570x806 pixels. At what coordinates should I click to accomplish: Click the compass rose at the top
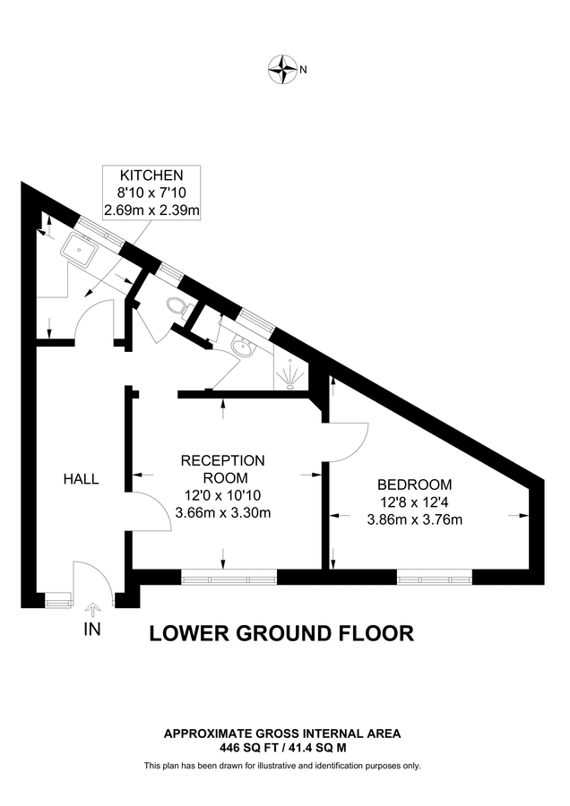tap(284, 67)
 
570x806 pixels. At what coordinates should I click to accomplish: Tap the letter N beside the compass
tap(303, 68)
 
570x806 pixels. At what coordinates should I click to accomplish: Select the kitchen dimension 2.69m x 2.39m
tap(151, 210)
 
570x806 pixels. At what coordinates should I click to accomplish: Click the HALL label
tap(81, 479)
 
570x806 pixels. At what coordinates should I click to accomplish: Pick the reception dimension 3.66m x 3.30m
tap(223, 512)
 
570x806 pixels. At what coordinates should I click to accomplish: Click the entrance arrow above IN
tap(91, 611)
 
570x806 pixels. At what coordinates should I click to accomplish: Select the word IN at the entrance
tap(91, 630)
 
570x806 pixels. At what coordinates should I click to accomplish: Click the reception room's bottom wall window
tap(223, 577)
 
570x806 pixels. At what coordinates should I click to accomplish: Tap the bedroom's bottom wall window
tap(435, 577)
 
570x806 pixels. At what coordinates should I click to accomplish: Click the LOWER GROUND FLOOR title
tap(281, 633)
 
